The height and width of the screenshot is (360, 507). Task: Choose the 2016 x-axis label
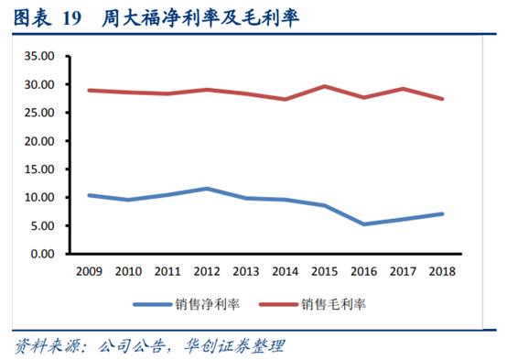click(363, 271)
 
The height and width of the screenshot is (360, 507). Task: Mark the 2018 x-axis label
click(442, 271)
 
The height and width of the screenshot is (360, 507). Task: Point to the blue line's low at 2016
click(363, 224)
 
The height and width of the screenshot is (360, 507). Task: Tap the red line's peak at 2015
click(324, 86)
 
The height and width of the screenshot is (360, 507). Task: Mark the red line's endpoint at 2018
click(442, 99)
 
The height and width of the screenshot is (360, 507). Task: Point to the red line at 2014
click(285, 99)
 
